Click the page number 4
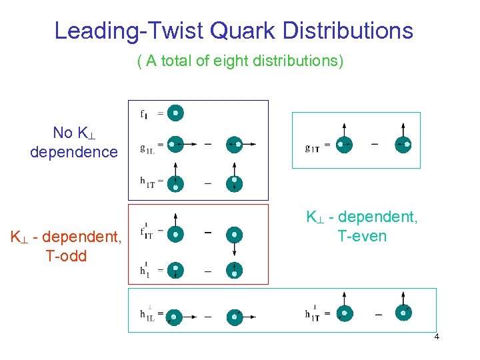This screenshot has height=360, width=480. click(x=436, y=337)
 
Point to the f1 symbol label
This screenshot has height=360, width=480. click(x=145, y=114)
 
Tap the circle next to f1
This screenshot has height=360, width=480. click(x=175, y=113)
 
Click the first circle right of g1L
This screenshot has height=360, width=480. click(x=175, y=143)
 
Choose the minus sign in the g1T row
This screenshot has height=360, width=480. click(x=374, y=143)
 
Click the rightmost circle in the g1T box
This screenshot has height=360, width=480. click(x=402, y=143)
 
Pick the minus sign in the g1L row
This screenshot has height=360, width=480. click(x=208, y=143)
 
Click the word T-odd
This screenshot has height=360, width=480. click(x=66, y=256)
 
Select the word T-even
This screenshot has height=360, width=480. click(x=361, y=236)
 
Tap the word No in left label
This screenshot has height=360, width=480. click(x=63, y=133)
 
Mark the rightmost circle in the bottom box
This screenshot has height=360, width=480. click(x=402, y=312)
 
